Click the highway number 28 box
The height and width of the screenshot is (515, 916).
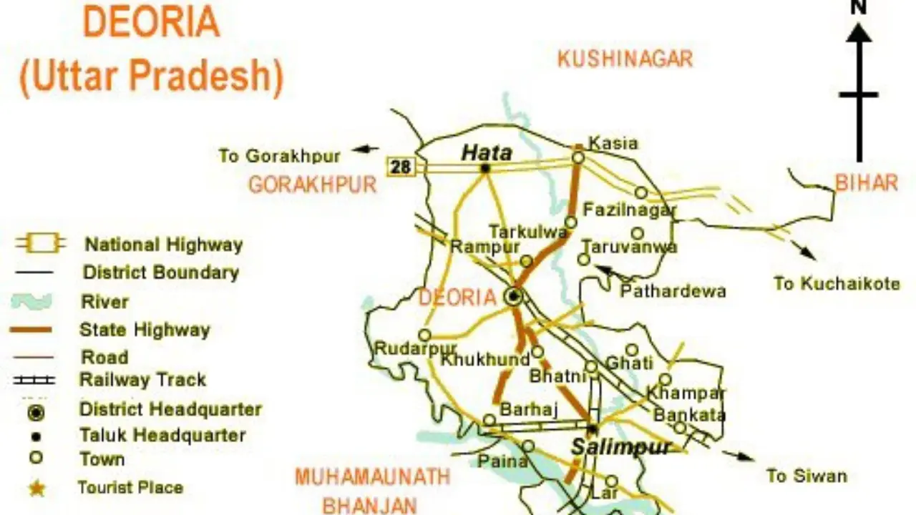401,167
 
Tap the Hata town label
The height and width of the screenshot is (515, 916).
487,152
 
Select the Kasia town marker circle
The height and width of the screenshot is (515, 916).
578,157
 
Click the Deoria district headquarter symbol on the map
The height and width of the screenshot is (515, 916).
513,296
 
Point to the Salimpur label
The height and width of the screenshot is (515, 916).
621,448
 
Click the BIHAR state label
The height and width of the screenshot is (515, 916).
866,183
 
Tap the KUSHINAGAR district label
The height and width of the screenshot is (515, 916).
625,59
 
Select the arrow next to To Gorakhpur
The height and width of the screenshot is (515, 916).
366,149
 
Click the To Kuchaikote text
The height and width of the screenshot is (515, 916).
837,284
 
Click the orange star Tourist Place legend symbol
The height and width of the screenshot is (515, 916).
36,489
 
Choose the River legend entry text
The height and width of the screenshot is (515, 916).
104,301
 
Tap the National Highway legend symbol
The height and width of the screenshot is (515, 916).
40,245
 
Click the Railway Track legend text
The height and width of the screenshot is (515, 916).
142,380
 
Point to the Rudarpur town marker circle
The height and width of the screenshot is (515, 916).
425,335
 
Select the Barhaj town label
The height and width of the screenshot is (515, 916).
528,410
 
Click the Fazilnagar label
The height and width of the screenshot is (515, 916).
630,210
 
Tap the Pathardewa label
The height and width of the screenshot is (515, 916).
673,291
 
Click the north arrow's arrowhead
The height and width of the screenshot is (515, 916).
859,32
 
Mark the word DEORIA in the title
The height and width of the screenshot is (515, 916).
151,24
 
